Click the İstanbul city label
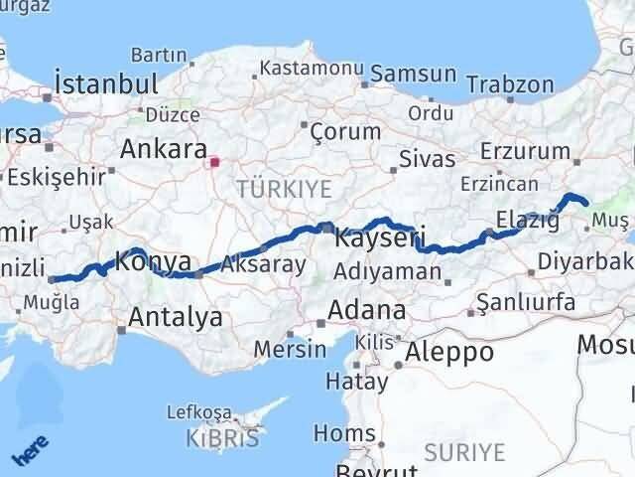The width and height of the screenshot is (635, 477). pos(107,81)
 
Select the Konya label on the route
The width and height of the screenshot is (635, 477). pos(153,261)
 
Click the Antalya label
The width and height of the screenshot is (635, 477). pos(176,318)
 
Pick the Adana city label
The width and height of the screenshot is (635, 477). pos(367,309)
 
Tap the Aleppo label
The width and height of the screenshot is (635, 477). pos(449,351)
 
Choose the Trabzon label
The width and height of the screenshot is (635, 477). pos(510,84)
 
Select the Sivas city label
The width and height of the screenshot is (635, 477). pos(427,158)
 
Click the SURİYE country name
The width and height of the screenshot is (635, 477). pos(464,453)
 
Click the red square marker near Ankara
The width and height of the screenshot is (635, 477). pos(214,157)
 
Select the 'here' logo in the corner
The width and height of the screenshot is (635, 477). pos(29,452)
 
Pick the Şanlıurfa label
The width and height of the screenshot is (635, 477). pos(526,300)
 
